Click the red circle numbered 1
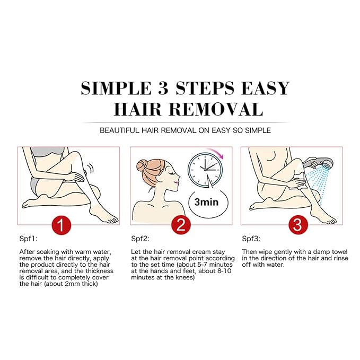tap(62, 225)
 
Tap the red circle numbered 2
tap(181, 225)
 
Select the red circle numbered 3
tap(298, 225)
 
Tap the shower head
tap(315, 163)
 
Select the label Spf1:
tap(28, 239)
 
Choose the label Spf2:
tap(140, 239)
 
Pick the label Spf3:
tap(251, 239)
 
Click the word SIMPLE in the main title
tap(116, 89)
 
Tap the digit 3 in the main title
tap(163, 89)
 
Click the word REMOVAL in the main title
tap(216, 109)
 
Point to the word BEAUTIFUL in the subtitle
tap(119, 130)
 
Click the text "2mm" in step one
tap(73, 284)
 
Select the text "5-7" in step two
tap(203, 265)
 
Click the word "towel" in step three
tap(339, 252)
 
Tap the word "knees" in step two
tap(185, 277)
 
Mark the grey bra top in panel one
tap(47, 152)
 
